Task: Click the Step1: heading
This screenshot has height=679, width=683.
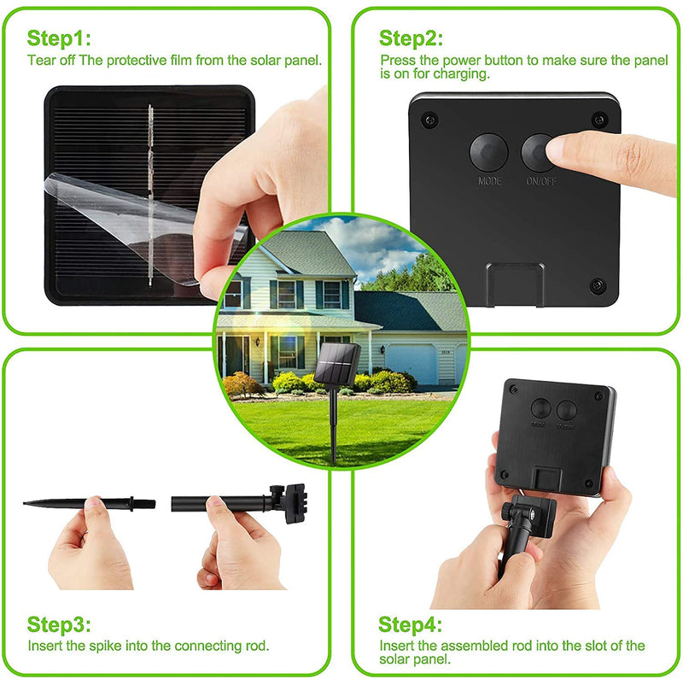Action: tap(59, 38)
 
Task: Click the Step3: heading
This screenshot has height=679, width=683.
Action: tap(59, 623)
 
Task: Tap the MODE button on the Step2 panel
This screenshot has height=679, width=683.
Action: tap(489, 152)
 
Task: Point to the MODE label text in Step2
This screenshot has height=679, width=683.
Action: tap(490, 181)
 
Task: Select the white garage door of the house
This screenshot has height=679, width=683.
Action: tap(412, 362)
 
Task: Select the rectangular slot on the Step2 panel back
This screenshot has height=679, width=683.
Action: tap(516, 282)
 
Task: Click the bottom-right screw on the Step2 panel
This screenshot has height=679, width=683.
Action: tap(595, 284)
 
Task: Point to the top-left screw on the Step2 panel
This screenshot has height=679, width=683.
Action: tap(429, 120)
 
